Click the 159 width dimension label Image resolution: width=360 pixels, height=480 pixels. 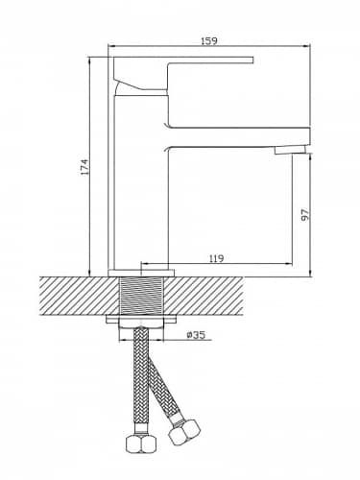(x=208, y=41)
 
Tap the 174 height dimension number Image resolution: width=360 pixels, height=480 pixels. (x=84, y=167)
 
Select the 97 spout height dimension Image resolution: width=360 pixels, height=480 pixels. (x=305, y=214)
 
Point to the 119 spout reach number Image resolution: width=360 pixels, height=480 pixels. (x=217, y=258)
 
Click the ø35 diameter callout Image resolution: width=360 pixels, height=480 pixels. (x=195, y=335)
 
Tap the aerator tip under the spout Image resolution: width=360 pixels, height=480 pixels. (x=291, y=150)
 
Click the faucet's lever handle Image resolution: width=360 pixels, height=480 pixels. (x=183, y=73)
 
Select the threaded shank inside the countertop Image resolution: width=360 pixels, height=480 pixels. (x=141, y=296)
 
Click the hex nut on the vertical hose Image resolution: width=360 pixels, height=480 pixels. (x=141, y=443)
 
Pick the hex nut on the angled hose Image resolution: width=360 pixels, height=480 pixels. (x=184, y=430)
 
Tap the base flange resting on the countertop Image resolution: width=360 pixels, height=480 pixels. (x=141, y=273)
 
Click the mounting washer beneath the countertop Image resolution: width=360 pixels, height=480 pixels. (x=141, y=319)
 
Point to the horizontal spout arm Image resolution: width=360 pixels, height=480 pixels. (x=239, y=137)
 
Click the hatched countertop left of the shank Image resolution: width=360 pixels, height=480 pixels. (x=79, y=296)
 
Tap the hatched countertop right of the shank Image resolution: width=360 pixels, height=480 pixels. (x=203, y=296)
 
